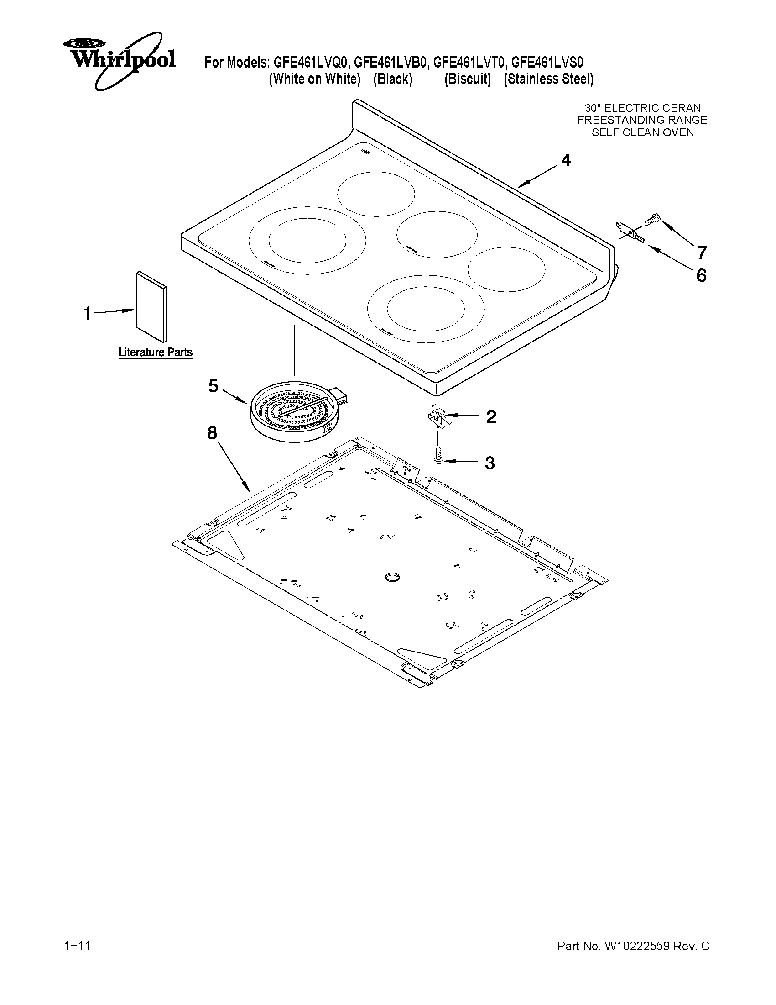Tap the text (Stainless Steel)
coord(548,79)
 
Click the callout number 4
coord(566,161)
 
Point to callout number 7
coord(701,253)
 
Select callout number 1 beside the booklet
coord(87,314)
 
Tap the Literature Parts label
coord(156,353)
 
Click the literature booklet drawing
coord(151,306)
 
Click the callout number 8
coord(212,433)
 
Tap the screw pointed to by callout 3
coord(437,456)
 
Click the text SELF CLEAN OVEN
coord(642,132)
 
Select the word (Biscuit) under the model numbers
coord(468,79)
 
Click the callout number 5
coord(213,386)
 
